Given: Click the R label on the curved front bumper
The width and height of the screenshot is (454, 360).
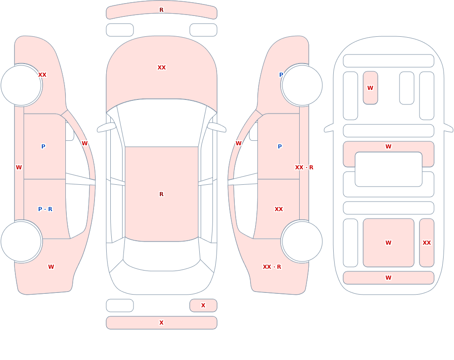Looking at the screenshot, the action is pyautogui.click(x=161, y=10).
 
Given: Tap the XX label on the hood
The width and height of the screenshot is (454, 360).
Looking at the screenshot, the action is pyautogui.click(x=162, y=68).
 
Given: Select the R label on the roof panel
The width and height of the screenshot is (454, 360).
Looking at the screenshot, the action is pyautogui.click(x=161, y=194).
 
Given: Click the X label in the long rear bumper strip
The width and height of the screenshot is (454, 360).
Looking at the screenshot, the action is pyautogui.click(x=161, y=323).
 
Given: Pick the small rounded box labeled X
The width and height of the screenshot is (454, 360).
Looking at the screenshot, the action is pyautogui.click(x=203, y=306).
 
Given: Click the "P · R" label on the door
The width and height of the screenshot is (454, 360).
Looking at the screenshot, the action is pyautogui.click(x=45, y=209).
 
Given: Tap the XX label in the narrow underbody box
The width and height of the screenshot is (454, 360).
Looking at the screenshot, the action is pyautogui.click(x=427, y=243).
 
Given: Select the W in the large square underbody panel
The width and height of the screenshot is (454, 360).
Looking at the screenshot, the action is pyautogui.click(x=388, y=243).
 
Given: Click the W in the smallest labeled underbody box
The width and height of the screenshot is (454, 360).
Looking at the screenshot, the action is pyautogui.click(x=370, y=88).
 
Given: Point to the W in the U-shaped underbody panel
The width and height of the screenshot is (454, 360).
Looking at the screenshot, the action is pyautogui.click(x=388, y=147).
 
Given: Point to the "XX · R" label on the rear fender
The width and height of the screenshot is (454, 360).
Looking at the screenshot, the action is pyautogui.click(x=272, y=267).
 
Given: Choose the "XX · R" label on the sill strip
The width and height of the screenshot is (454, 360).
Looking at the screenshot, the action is pyautogui.click(x=304, y=168).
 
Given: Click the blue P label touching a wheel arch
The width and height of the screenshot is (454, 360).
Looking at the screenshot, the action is pyautogui.click(x=281, y=75).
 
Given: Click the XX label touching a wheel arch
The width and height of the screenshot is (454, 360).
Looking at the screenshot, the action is pyautogui.click(x=42, y=75).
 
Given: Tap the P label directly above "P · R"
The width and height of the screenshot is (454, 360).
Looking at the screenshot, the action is pyautogui.click(x=43, y=147).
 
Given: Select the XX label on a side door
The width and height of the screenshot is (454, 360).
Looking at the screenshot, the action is pyautogui.click(x=279, y=209).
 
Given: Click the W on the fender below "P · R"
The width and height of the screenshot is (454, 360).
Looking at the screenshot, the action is pyautogui.click(x=51, y=267).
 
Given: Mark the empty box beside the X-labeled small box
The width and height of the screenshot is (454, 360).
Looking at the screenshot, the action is pyautogui.click(x=120, y=306).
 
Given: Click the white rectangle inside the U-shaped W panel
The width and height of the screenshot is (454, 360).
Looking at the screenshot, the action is pyautogui.click(x=389, y=169).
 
